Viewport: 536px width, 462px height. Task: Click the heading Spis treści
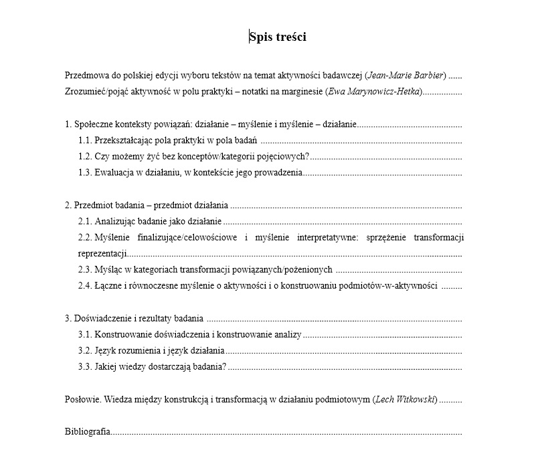pos(278,37)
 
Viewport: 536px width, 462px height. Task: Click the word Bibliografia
pos(88,432)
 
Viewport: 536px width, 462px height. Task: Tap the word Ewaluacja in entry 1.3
pos(115,173)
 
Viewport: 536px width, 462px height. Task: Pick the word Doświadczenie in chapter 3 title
pos(100,318)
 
